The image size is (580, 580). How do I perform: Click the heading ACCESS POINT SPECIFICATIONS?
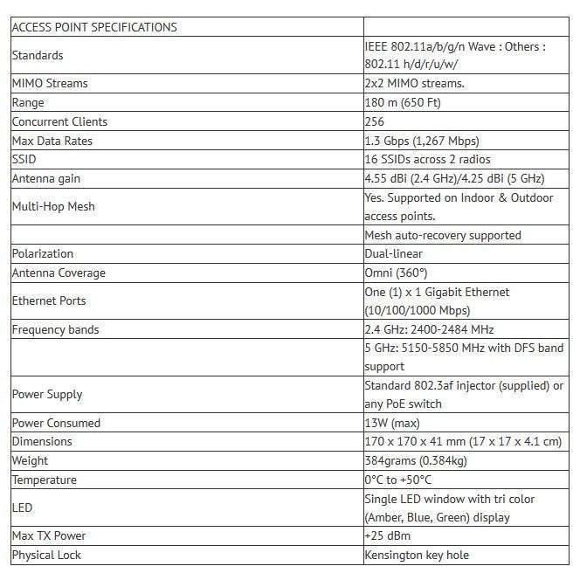pyautogui.click(x=94, y=27)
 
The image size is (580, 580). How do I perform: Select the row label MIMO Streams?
pyautogui.click(x=50, y=84)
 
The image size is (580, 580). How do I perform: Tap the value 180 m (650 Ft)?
pyautogui.click(x=403, y=103)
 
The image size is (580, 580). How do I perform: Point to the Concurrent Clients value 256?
pyautogui.click(x=375, y=122)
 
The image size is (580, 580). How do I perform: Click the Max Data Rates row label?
pyautogui.click(x=52, y=141)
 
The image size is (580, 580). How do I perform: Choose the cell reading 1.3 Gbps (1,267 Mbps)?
pyautogui.click(x=422, y=141)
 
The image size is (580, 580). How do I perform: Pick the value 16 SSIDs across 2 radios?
pyautogui.click(x=427, y=160)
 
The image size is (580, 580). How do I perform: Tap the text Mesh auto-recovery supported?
pyautogui.click(x=443, y=235)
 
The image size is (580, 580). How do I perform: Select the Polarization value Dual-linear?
pyautogui.click(x=393, y=253)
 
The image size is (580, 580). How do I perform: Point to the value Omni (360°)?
pyautogui.click(x=396, y=273)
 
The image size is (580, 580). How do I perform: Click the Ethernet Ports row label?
pyautogui.click(x=50, y=300)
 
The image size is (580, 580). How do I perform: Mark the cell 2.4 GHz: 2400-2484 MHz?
pyautogui.click(x=429, y=329)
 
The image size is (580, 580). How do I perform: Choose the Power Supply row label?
pyautogui.click(x=47, y=394)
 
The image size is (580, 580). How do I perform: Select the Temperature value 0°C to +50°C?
pyautogui.click(x=398, y=480)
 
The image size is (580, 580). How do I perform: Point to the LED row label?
pyautogui.click(x=22, y=507)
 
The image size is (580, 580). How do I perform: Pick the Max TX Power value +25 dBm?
pyautogui.click(x=387, y=535)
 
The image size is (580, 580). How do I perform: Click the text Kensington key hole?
pyautogui.click(x=417, y=555)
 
